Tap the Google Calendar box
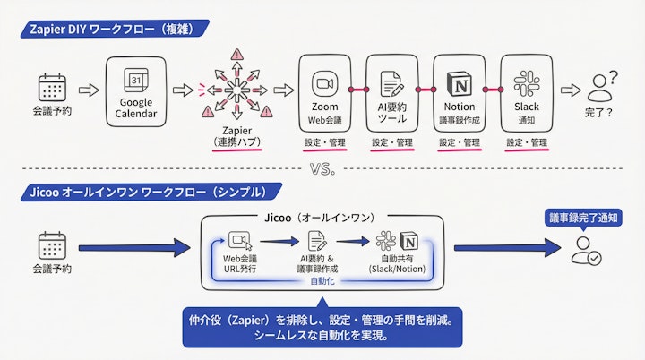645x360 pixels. pos(136,90)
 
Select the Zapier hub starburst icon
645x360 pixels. pos(236,90)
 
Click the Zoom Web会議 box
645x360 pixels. pos(323,90)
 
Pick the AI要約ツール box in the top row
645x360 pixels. pos(391,90)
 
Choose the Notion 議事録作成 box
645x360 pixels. pos(459,90)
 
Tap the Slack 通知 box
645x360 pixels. pos(526,90)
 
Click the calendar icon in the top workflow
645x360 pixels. pos(52,88)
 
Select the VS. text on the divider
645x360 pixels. pos(322,169)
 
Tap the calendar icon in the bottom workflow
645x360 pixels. pos(52,244)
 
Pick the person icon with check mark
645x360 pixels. pos(585,250)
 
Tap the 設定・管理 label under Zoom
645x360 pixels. pos(323,142)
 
